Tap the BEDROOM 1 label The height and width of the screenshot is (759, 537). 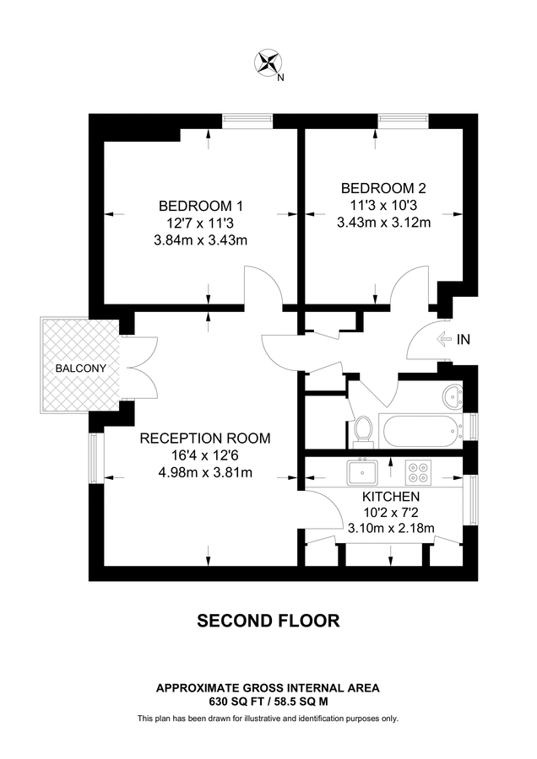201,206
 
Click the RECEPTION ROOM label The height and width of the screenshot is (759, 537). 205,438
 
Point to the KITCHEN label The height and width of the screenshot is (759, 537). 391,497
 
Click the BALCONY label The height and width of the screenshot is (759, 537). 81,369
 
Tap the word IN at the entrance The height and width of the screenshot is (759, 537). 463,341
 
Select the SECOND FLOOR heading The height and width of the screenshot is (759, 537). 268,621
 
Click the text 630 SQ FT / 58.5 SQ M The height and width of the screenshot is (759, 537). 268,701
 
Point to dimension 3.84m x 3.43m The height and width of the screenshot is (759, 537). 201,240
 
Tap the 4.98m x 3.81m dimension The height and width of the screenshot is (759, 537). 205,472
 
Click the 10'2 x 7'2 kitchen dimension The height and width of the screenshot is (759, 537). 391,513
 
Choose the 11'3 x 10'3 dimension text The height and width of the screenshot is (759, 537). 384,206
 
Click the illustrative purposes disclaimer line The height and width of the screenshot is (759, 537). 268,719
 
